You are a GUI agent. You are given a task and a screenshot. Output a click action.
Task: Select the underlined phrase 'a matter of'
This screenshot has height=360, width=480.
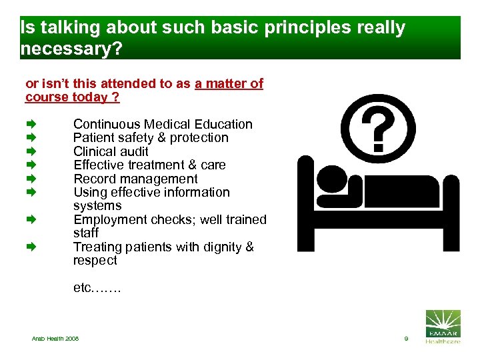[x=229, y=83]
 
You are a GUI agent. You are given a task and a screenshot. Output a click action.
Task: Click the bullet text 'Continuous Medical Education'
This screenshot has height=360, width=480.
[x=163, y=124]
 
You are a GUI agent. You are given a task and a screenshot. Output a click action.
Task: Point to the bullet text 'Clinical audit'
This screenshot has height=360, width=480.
[x=111, y=151]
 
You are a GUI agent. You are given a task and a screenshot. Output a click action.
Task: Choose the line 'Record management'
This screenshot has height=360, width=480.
[x=135, y=179]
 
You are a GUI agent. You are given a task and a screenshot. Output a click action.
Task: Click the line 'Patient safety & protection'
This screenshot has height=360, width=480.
[x=151, y=138]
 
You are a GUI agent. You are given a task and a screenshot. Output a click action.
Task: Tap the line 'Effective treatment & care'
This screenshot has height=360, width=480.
[x=149, y=165]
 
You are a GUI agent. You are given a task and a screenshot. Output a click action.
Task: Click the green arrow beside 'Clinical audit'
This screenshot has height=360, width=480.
[x=30, y=151]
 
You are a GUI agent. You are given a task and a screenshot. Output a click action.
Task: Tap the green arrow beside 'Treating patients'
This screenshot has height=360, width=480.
[x=30, y=247]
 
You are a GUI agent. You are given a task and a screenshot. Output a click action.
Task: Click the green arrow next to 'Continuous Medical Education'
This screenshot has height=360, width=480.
[x=30, y=124]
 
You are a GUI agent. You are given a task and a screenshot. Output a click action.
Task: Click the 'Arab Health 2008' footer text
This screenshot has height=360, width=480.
[x=55, y=339]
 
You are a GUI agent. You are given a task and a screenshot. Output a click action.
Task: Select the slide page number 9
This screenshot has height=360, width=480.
[x=405, y=339]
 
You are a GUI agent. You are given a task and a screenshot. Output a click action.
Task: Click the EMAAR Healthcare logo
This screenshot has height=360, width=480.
[x=442, y=327]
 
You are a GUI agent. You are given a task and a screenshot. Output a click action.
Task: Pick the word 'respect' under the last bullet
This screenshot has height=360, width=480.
[x=95, y=261]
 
